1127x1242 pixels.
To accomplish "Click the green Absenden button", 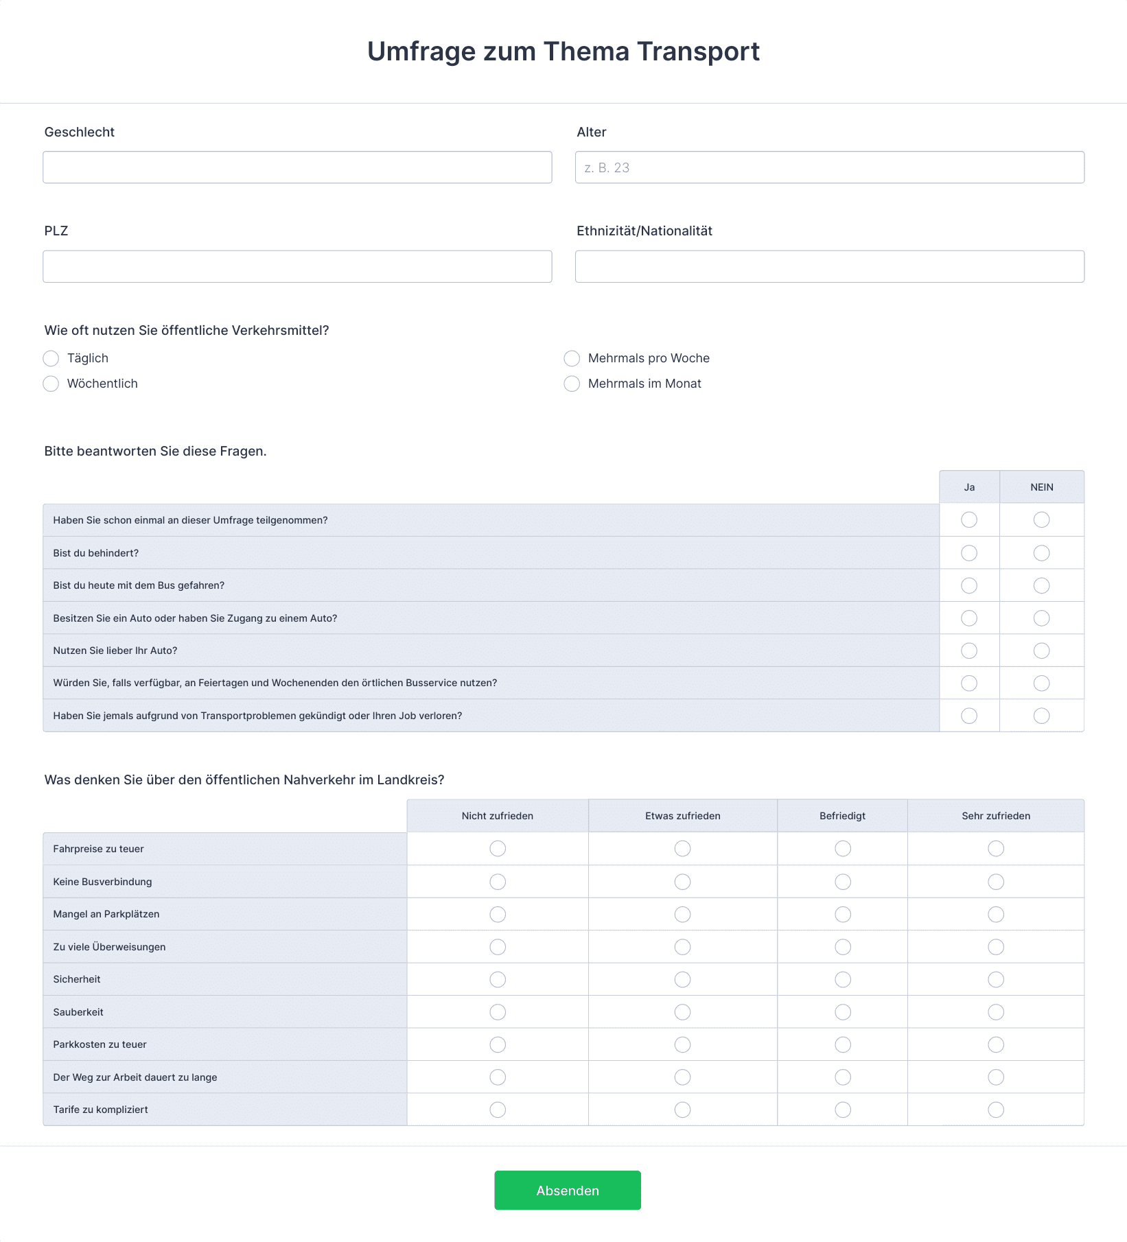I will pos(567,1190).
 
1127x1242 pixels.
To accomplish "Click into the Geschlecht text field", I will pos(297,167).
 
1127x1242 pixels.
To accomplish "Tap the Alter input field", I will pos(829,167).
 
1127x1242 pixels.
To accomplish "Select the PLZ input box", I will pos(297,266).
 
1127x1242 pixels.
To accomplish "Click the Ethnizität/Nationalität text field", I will pos(829,266).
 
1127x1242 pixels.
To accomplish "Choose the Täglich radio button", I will pos(51,358).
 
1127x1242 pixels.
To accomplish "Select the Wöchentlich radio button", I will pos(51,384).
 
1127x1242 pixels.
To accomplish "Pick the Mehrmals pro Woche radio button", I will pos(572,358).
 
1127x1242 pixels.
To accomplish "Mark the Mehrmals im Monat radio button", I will pos(572,384).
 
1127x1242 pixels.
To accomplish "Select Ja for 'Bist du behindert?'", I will pos(969,553).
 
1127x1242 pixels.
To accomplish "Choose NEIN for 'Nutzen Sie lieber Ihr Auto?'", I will pos(1041,651).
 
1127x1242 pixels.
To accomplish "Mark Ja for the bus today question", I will pos(969,585).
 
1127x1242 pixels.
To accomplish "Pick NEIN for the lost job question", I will pos(1041,716).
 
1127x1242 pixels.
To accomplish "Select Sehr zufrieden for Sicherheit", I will pos(996,979).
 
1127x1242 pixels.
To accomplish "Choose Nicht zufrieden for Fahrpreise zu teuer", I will pos(498,849).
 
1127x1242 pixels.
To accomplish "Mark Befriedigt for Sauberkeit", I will pos(843,1012).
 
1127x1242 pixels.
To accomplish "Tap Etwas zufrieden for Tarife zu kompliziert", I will pos(682,1110).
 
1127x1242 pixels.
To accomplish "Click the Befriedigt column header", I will pos(842,816).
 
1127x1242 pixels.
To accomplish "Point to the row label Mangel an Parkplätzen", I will pos(106,914).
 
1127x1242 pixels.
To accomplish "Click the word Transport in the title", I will pos(698,51).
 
